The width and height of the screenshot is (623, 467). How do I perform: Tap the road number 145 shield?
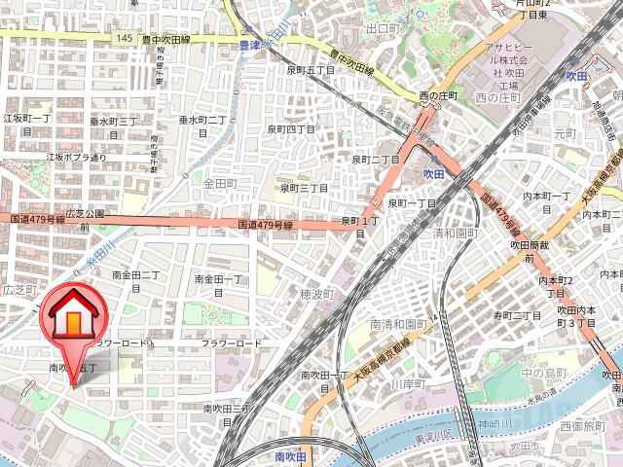click(122, 36)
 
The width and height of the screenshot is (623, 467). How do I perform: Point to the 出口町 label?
click(383, 29)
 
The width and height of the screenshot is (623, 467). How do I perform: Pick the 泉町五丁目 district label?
click(311, 70)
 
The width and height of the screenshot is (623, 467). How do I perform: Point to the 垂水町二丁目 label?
click(203, 126)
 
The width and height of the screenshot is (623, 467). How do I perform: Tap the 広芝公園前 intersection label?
click(84, 219)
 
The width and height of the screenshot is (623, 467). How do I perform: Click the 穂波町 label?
click(317, 294)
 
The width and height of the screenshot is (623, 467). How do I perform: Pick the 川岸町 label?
click(408, 384)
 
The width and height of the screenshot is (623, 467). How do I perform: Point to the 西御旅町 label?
click(582, 426)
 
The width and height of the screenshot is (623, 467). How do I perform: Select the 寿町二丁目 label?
click(517, 315)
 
